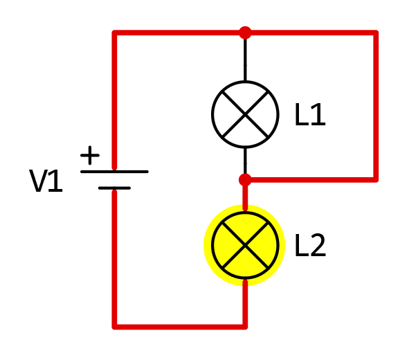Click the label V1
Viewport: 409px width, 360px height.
46,181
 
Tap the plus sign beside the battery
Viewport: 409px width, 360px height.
90,155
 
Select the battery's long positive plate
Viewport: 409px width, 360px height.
114,172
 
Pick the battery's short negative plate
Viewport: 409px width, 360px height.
114,188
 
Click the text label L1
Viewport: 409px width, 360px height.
310,114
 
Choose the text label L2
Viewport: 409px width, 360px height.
311,245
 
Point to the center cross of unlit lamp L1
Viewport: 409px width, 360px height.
245,114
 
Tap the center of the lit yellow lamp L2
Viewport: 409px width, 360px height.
245,245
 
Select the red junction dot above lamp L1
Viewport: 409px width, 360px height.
245,33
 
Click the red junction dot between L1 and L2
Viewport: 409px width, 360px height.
245,180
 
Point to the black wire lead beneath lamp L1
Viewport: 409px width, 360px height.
245,161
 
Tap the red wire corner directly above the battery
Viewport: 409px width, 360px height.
114,33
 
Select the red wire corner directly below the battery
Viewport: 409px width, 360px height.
114,327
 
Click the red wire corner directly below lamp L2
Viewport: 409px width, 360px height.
245,327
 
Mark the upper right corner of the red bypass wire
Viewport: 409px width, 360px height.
376,33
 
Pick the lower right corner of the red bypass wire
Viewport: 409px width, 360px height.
376,180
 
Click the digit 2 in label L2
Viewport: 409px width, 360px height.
318,245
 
